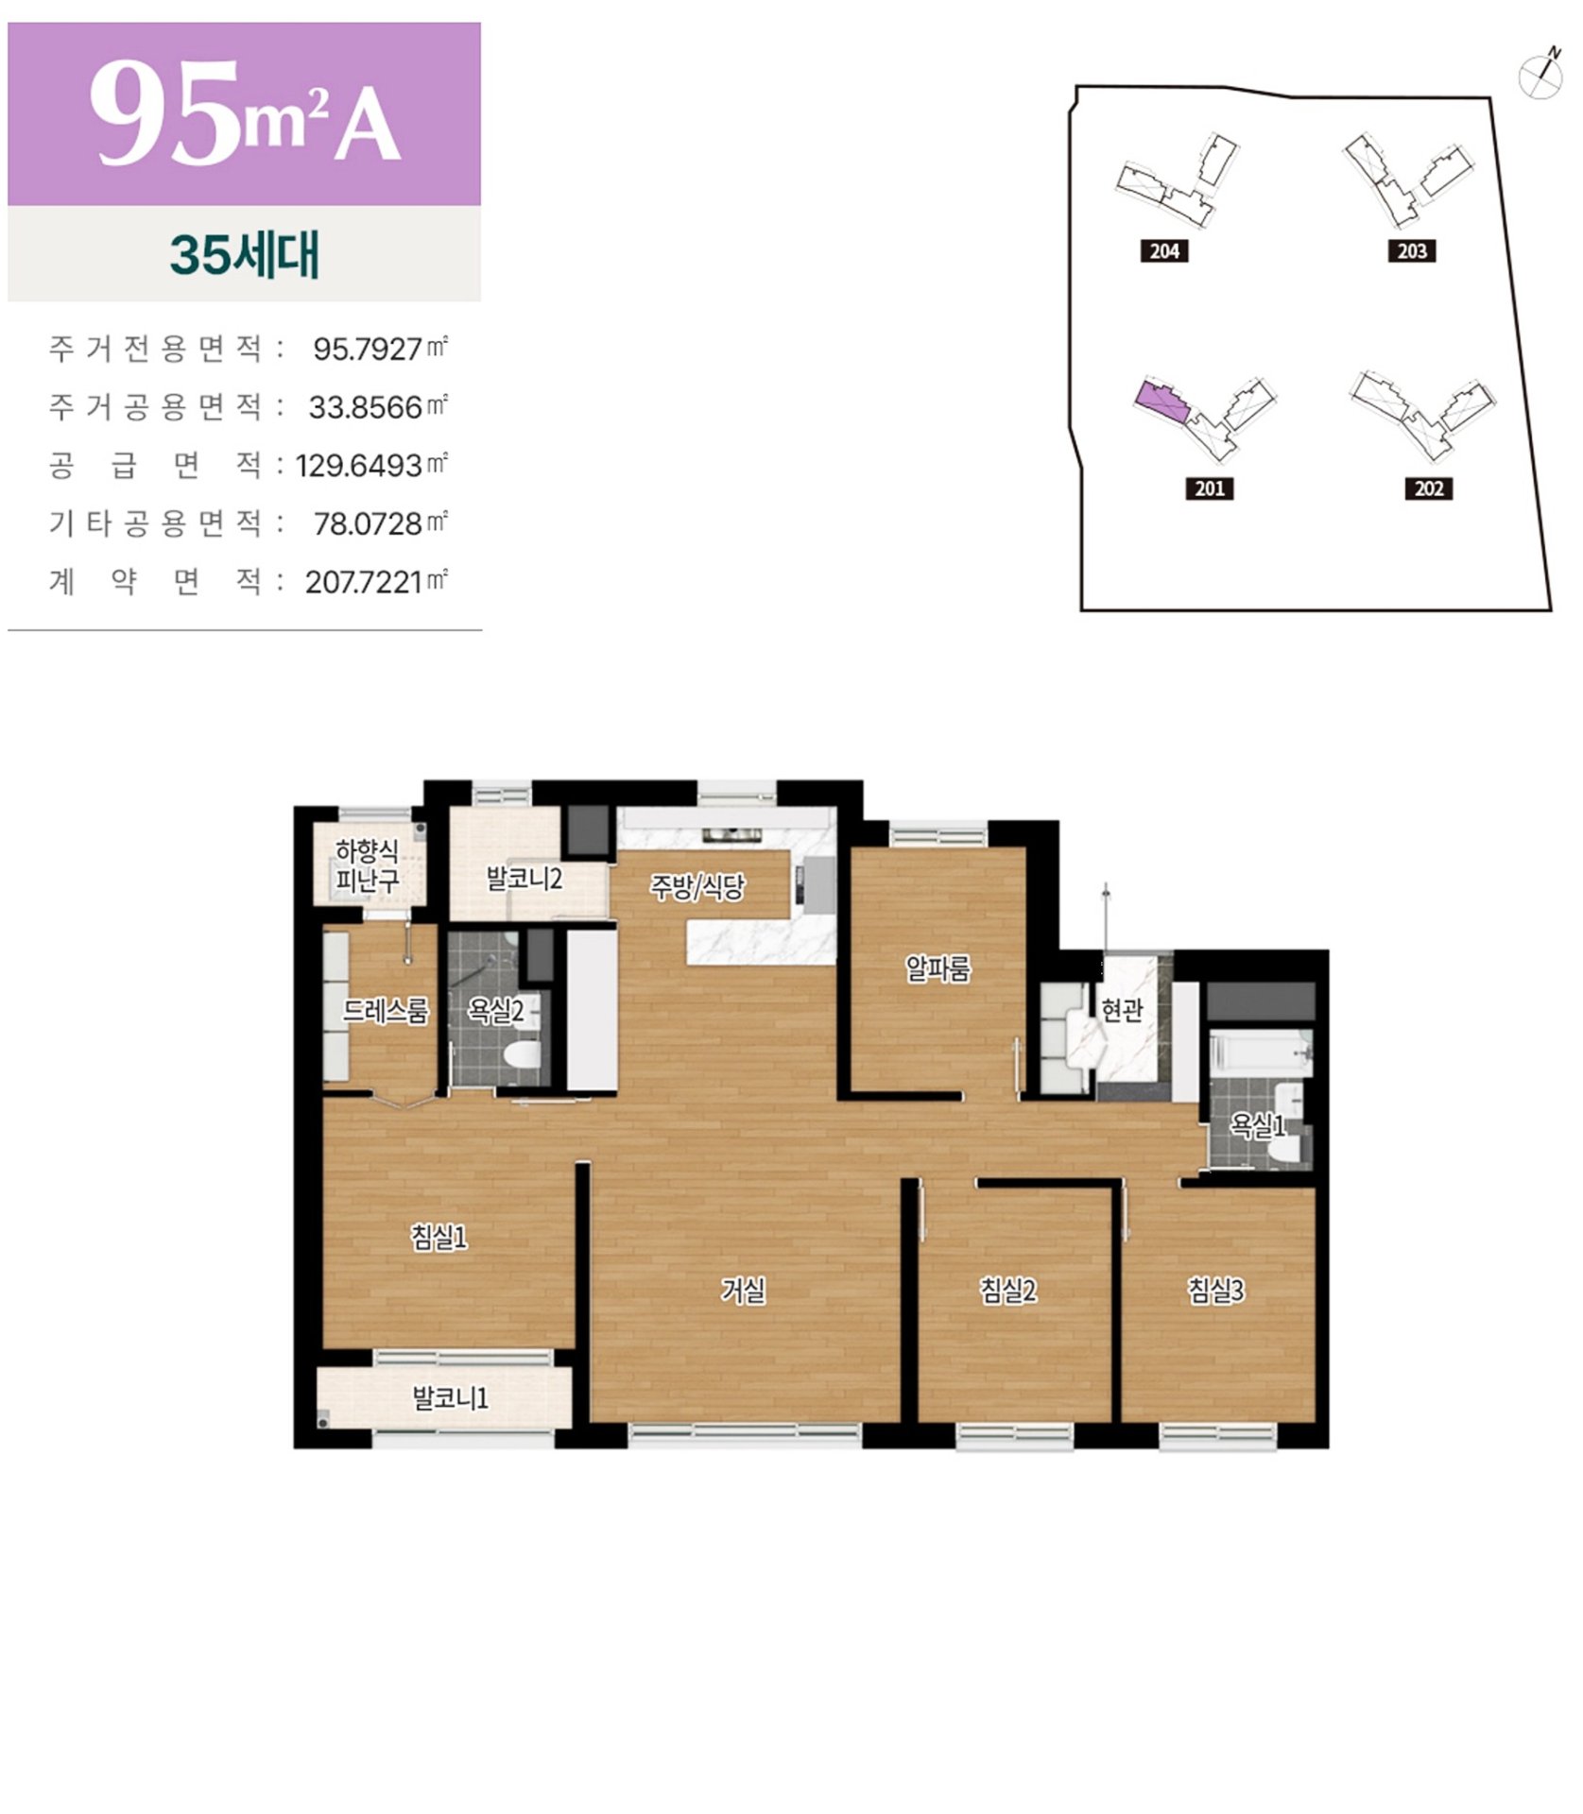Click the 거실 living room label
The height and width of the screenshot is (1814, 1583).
pyautogui.click(x=743, y=1291)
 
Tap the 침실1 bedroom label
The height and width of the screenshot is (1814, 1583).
pyautogui.click(x=439, y=1237)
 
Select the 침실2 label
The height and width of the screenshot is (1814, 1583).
pyautogui.click(x=1007, y=1291)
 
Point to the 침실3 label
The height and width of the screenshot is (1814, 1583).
pyautogui.click(x=1215, y=1291)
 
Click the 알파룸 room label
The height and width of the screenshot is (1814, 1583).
pyautogui.click(x=938, y=968)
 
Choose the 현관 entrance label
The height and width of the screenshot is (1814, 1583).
pyautogui.click(x=1122, y=1010)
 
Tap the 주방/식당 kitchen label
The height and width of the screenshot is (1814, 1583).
pyautogui.click(x=697, y=886)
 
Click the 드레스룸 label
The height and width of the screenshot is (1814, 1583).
pyautogui.click(x=385, y=1012)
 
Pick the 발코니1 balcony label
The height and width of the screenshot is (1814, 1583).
pyautogui.click(x=450, y=1397)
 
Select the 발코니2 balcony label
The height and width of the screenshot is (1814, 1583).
pyautogui.click(x=524, y=879)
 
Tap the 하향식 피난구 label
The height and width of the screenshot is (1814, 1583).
pyautogui.click(x=367, y=866)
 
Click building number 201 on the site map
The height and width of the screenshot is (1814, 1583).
pyautogui.click(x=1210, y=488)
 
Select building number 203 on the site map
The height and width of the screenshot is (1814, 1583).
pyautogui.click(x=1412, y=251)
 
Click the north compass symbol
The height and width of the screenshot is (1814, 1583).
pyautogui.click(x=1540, y=73)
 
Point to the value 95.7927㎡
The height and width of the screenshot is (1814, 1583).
pyautogui.click(x=379, y=349)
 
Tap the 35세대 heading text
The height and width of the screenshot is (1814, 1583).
pyautogui.click(x=244, y=254)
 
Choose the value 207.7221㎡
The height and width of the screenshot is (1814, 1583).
pyautogui.click(x=375, y=581)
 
